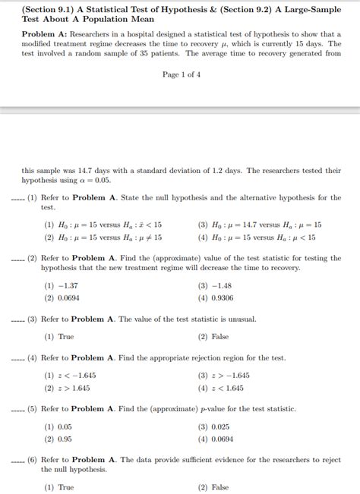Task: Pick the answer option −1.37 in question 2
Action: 62,286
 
